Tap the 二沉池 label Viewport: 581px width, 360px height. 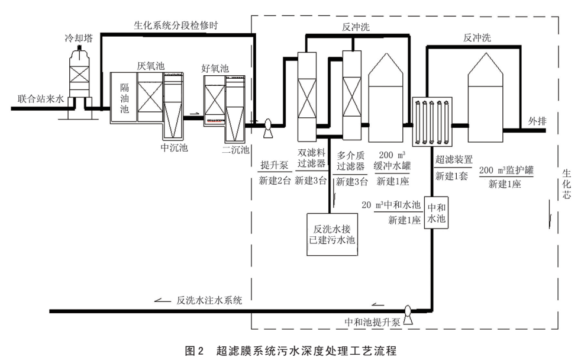pyautogui.click(x=236, y=149)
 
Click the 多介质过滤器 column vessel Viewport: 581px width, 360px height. pyautogui.click(x=351, y=95)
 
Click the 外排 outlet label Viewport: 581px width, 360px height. pyautogui.click(x=537, y=121)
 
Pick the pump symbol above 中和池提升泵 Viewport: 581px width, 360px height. pyautogui.click(x=408, y=310)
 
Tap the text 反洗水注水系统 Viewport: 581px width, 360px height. pyautogui.click(x=209, y=300)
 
